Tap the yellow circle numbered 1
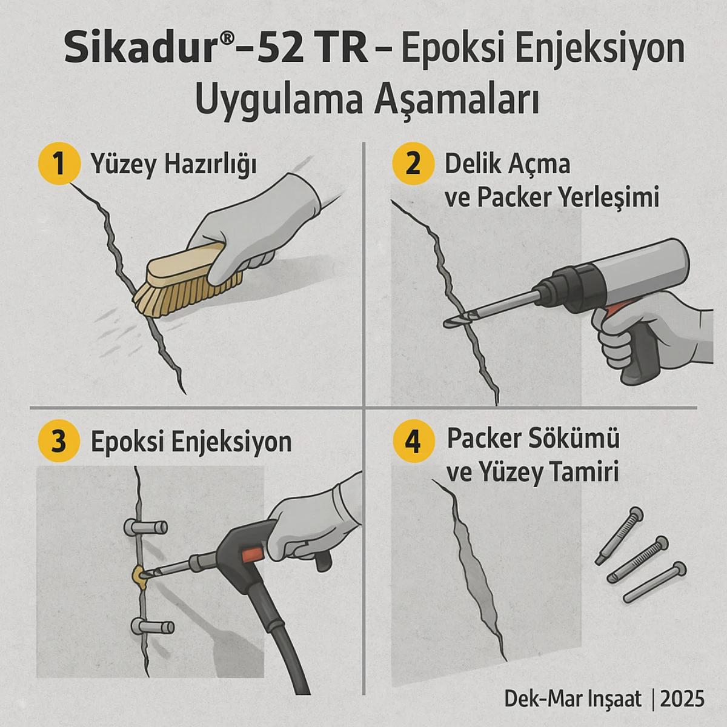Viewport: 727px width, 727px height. pyautogui.click(x=59, y=164)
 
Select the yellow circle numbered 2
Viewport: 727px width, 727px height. pyautogui.click(x=413, y=164)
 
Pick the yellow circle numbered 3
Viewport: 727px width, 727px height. pyautogui.click(x=59, y=441)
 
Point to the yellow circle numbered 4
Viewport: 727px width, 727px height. pyautogui.click(x=413, y=441)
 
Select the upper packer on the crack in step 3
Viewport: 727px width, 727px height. pyautogui.click(x=145, y=528)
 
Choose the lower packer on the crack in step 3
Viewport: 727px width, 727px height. pyautogui.click(x=152, y=628)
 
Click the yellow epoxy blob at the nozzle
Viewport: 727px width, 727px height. pyautogui.click(x=141, y=576)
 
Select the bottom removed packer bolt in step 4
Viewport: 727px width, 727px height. pyautogui.click(x=654, y=582)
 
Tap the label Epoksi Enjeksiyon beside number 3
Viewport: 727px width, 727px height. pyautogui.click(x=191, y=442)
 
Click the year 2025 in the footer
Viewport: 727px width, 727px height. pyautogui.click(x=682, y=699)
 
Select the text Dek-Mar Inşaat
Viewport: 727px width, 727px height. pyautogui.click(x=573, y=699)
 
